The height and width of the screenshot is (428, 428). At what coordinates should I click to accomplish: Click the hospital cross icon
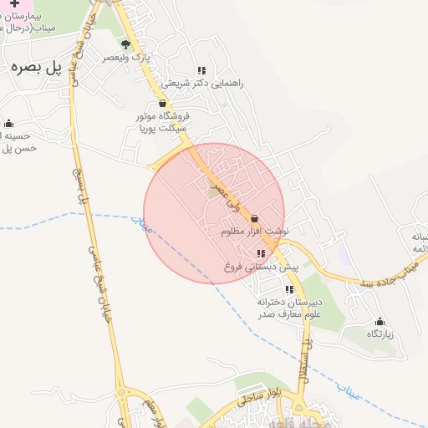pyautogui.click(x=14, y=4)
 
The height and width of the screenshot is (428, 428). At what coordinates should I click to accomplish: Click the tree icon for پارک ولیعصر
pyautogui.click(x=125, y=44)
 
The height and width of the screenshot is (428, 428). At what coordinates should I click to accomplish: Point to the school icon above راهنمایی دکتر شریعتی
pyautogui.click(x=201, y=71)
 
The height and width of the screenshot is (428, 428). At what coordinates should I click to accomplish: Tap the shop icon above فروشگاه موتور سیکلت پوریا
pyautogui.click(x=162, y=104)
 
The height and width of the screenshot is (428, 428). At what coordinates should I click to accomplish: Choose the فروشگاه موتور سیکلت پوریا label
pyautogui.click(x=164, y=122)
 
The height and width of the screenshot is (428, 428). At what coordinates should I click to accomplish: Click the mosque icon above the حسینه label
pyautogui.click(x=9, y=123)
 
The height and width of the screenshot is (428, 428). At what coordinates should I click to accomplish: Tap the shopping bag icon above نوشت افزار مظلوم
pyautogui.click(x=254, y=218)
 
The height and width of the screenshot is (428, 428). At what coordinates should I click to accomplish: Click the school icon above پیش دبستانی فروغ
pyautogui.click(x=262, y=253)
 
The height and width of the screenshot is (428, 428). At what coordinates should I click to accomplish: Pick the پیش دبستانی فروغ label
pyautogui.click(x=261, y=266)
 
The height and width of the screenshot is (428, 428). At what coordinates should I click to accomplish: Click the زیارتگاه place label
pyautogui.click(x=379, y=334)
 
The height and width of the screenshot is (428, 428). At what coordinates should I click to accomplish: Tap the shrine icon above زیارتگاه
pyautogui.click(x=380, y=321)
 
